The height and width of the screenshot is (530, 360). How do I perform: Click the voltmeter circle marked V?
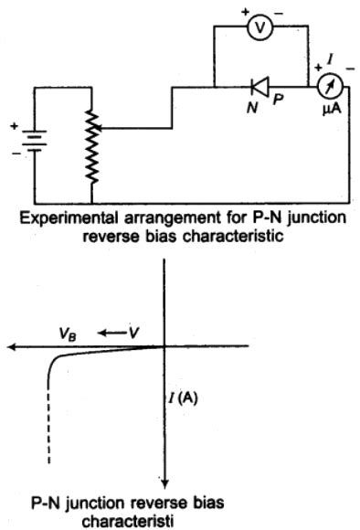(x=260, y=26)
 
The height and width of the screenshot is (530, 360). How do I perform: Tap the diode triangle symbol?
(x=259, y=88)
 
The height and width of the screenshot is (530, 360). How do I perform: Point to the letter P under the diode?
(x=271, y=106)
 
